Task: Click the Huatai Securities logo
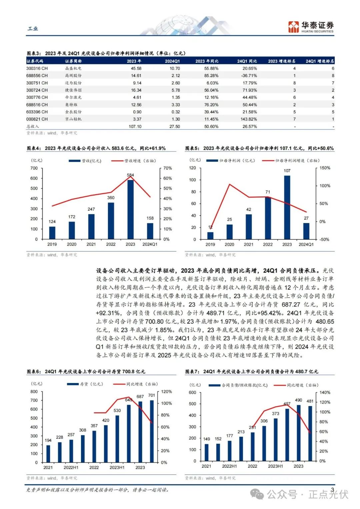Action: tap(311, 27)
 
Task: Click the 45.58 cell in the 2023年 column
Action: tap(136, 68)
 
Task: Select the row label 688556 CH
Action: tap(37, 76)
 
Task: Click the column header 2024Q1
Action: tap(172, 61)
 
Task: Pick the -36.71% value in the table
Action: tap(249, 76)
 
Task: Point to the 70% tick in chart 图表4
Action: tap(168, 168)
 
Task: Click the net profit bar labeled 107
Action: tap(287, 207)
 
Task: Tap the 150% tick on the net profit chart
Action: tap(325, 168)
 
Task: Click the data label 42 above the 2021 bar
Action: tap(249, 209)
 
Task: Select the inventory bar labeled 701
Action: tap(152, 431)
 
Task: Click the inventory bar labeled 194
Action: tap(48, 454)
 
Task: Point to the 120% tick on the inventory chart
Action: tap(167, 392)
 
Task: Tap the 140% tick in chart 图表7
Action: tap(325, 392)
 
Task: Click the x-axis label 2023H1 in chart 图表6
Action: tap(117, 467)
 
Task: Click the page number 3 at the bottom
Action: tap(332, 489)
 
